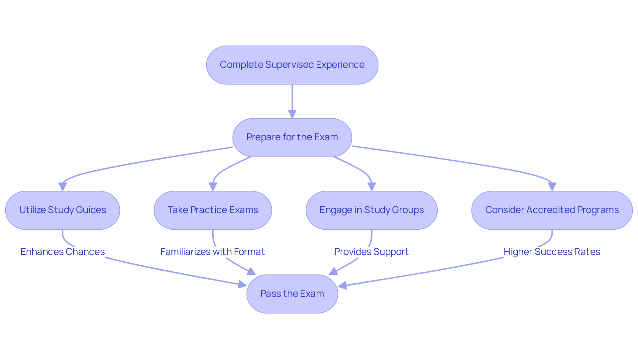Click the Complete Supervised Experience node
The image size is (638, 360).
(x=292, y=65)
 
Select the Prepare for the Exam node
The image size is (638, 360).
(x=292, y=137)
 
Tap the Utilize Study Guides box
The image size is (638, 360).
(x=62, y=210)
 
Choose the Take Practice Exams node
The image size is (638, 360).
(x=213, y=210)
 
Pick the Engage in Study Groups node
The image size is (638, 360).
(x=372, y=210)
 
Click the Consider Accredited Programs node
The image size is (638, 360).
(x=552, y=210)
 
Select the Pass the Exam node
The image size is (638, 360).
(x=292, y=294)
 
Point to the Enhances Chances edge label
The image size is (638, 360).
(x=62, y=252)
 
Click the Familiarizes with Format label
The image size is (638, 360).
(x=213, y=252)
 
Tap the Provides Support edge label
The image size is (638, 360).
(x=372, y=252)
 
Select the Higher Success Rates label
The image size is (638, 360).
(x=552, y=252)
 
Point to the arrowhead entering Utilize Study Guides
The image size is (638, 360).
(x=62, y=187)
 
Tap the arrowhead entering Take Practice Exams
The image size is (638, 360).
(x=213, y=187)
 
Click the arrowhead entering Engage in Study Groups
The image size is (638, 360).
(x=372, y=187)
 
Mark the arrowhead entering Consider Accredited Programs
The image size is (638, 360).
(x=552, y=187)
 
